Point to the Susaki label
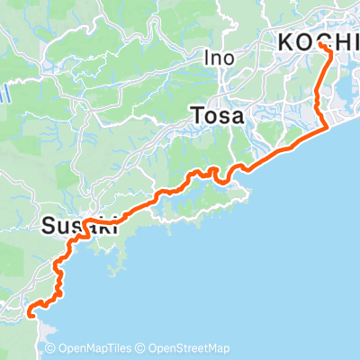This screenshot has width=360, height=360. coord(80,228)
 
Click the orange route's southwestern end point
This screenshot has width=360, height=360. coord(31,314)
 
